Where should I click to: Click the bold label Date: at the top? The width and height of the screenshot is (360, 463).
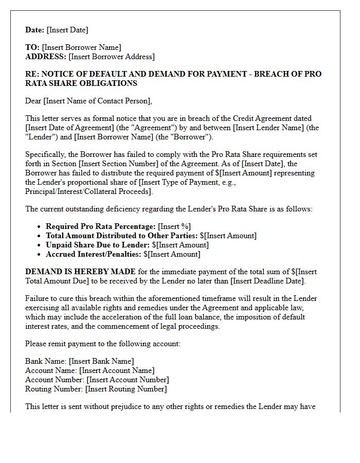coord(35,30)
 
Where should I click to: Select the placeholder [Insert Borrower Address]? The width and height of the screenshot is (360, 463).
coord(111,57)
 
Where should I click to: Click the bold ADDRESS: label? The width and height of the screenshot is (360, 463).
coord(46,57)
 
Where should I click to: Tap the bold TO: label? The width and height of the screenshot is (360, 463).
coord(32,47)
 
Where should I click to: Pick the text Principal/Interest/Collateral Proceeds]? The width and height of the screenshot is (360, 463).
coord(89,191)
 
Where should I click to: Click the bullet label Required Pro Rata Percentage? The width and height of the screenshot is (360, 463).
coord(101,226)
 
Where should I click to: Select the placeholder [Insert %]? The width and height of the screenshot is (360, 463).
coord(175,226)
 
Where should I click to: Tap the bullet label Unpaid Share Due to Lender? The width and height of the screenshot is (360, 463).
coord(98,245)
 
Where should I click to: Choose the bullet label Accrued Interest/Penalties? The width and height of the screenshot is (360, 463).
coord(94,254)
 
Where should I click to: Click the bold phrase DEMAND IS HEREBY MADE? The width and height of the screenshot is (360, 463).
coord(81,272)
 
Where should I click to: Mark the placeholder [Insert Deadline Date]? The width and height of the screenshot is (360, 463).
coord(268,281)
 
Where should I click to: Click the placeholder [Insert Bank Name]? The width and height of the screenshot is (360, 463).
coord(101,361)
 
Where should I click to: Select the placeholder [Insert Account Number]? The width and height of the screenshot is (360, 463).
coord(127,380)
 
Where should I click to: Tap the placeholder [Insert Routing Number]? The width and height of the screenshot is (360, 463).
coord(126,389)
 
